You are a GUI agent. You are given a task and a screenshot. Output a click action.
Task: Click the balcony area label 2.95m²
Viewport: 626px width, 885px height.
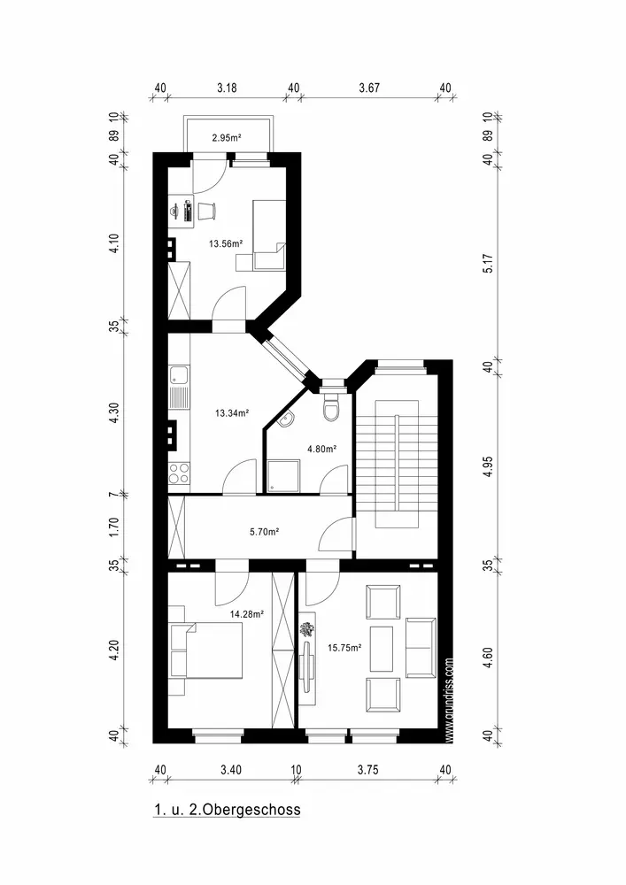click(227, 137)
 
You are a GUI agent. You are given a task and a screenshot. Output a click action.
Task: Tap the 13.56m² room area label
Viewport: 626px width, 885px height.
click(226, 244)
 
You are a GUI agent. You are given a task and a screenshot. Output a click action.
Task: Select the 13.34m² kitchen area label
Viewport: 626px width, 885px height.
click(232, 412)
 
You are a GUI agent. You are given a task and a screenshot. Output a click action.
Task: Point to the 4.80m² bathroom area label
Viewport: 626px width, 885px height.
click(321, 450)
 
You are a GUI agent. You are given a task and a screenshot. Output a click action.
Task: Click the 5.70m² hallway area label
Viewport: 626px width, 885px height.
click(265, 532)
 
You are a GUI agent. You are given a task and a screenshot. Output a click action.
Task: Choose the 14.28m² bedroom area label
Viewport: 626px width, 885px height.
click(247, 614)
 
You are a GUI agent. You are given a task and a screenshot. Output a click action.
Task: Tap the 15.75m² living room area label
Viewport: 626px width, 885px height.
click(344, 648)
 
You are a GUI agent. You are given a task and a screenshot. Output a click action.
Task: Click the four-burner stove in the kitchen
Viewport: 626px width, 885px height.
click(179, 473)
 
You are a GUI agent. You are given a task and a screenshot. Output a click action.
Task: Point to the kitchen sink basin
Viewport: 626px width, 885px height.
click(180, 374)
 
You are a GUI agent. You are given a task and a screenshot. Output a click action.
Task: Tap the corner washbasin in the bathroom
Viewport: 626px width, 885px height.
click(287, 419)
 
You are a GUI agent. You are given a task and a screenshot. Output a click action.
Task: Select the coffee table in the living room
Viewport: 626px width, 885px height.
click(382, 649)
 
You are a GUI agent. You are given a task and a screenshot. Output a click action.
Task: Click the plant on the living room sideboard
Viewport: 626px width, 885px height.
click(307, 629)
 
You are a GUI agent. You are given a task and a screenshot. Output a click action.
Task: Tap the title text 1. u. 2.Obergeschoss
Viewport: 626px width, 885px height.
click(227, 810)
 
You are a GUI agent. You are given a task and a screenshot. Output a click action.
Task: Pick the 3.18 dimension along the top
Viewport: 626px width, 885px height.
click(227, 88)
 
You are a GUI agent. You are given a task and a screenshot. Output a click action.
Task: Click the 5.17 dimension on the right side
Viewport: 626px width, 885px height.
click(489, 264)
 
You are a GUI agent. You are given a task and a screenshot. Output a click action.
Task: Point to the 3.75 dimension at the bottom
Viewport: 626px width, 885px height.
click(368, 769)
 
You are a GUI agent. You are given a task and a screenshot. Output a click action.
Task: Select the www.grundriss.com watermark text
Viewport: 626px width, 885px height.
click(449, 700)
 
